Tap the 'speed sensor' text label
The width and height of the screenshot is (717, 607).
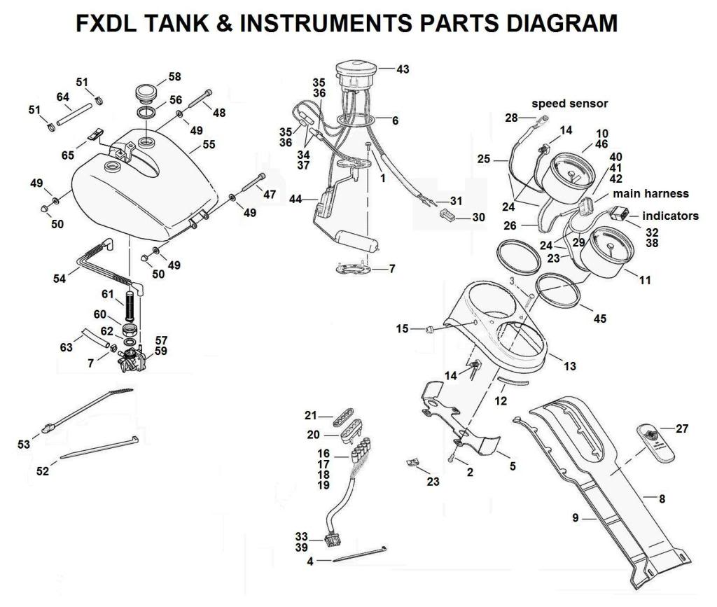569,104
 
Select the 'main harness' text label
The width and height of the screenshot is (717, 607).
650,193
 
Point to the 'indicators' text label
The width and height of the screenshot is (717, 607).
670,216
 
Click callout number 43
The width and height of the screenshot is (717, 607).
403,69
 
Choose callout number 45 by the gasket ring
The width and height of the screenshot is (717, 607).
599,319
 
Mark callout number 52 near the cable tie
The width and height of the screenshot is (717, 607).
43,471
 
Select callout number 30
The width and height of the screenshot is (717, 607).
478,217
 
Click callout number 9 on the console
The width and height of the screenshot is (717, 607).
574,519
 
